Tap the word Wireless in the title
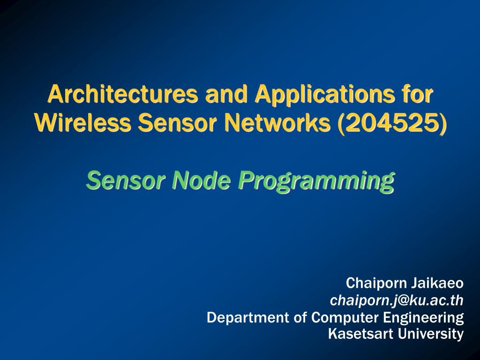[x=82, y=123]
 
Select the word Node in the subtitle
[x=198, y=180]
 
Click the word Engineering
[x=423, y=318]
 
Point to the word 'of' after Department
[x=300, y=318]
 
